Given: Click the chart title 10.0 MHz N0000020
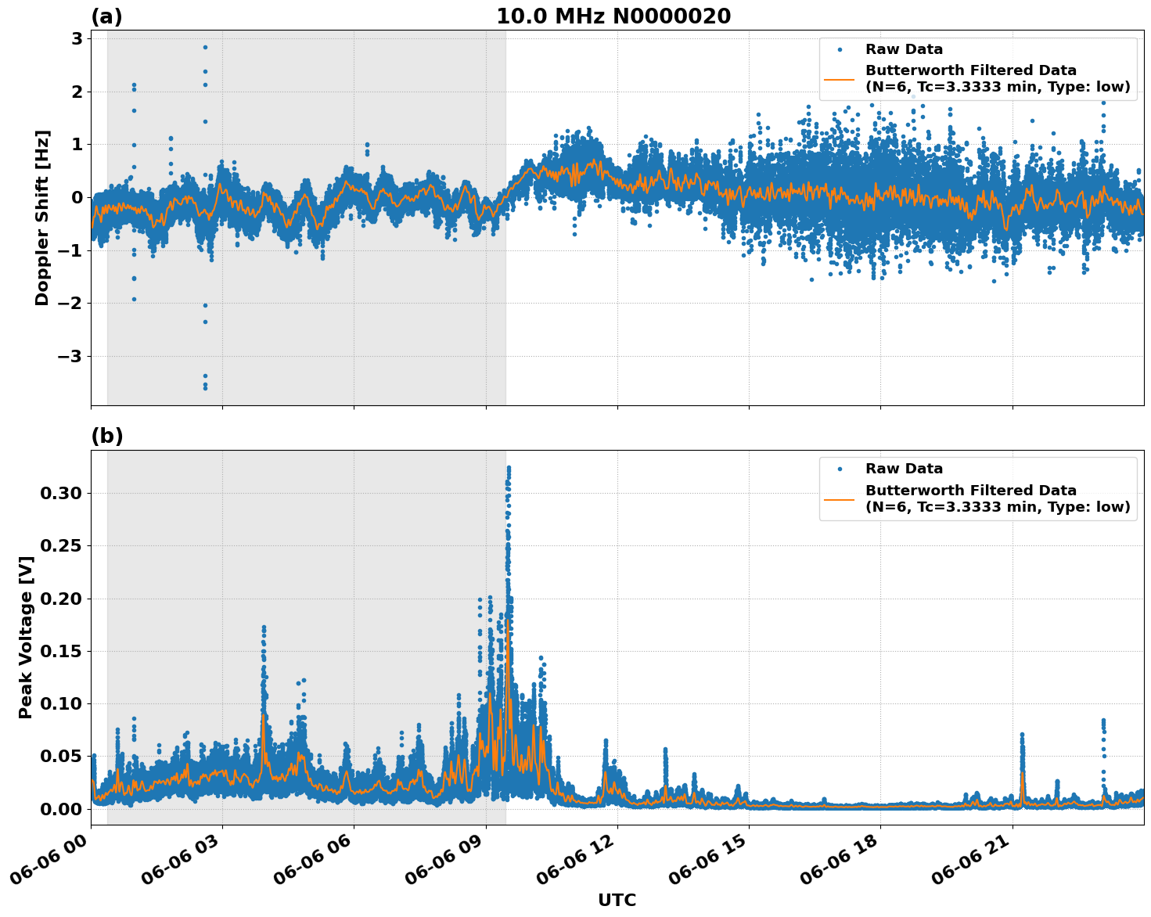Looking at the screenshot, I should [613, 16].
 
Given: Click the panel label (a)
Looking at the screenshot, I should [106, 16].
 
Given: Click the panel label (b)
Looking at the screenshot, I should [106, 436].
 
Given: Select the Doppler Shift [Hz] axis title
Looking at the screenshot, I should [42, 218].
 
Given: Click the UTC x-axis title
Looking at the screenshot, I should [617, 900].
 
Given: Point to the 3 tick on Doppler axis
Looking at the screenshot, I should [78, 38].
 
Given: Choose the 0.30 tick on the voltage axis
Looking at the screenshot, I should [61, 493].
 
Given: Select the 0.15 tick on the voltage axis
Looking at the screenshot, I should [61, 651].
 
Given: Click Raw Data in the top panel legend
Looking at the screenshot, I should [904, 49].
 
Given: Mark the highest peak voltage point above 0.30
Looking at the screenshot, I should [509, 467].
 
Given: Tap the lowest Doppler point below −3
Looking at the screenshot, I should [205, 388].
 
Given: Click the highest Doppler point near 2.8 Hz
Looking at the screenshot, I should [205, 47].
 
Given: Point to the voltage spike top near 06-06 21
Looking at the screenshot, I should [1022, 734].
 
